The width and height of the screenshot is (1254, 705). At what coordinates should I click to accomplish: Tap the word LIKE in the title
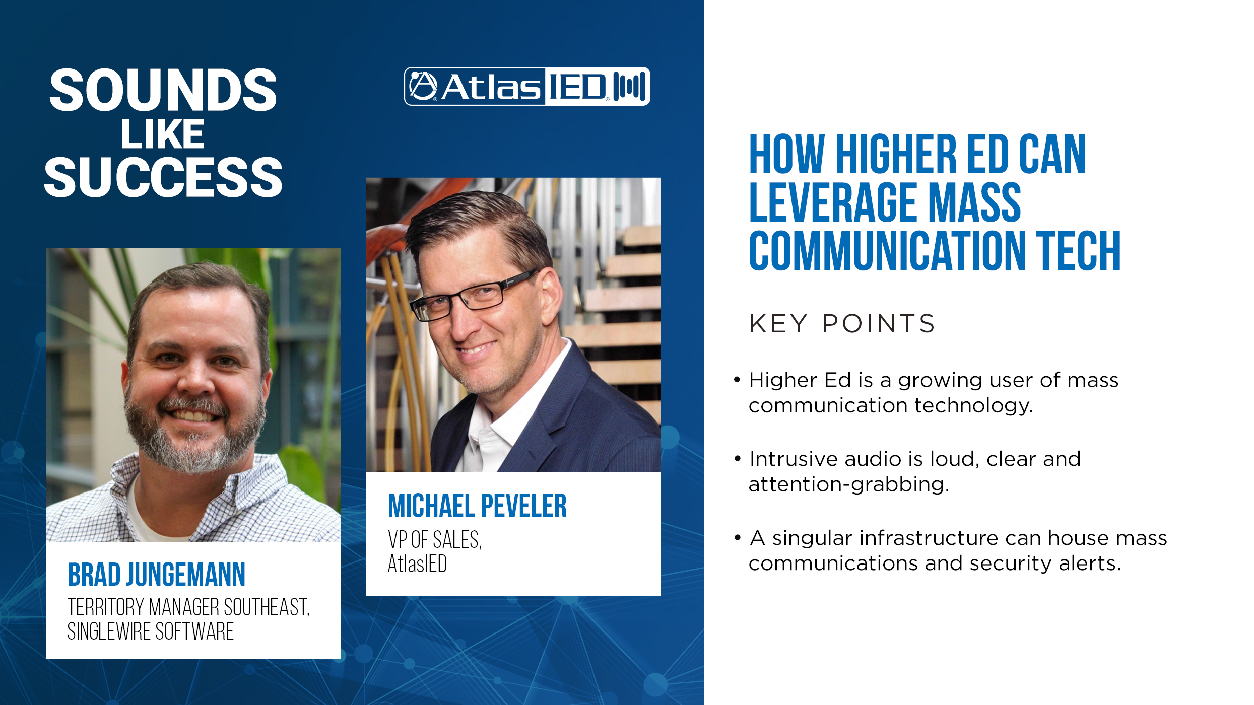pyautogui.click(x=163, y=134)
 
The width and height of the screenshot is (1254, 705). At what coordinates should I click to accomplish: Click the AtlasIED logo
pyautogui.click(x=527, y=86)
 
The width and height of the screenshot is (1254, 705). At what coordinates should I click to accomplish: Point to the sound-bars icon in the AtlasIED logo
pyautogui.click(x=630, y=86)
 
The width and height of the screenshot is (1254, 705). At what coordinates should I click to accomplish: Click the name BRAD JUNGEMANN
pyautogui.click(x=156, y=575)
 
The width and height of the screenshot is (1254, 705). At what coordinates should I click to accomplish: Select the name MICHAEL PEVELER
pyautogui.click(x=477, y=506)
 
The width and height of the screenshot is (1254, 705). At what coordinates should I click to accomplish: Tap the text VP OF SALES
pyautogui.click(x=435, y=539)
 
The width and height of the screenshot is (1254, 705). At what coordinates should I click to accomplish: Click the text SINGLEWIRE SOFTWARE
pyautogui.click(x=151, y=631)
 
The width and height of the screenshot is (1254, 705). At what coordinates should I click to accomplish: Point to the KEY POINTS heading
pyautogui.click(x=842, y=323)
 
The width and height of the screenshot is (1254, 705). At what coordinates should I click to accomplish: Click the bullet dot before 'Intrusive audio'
pyautogui.click(x=738, y=459)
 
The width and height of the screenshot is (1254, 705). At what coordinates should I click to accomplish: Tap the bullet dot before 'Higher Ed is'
pyautogui.click(x=738, y=380)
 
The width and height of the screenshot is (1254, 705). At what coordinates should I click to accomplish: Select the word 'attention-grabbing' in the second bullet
pyautogui.click(x=849, y=484)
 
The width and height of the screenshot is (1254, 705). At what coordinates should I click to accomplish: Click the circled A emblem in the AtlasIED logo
pyautogui.click(x=423, y=86)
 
